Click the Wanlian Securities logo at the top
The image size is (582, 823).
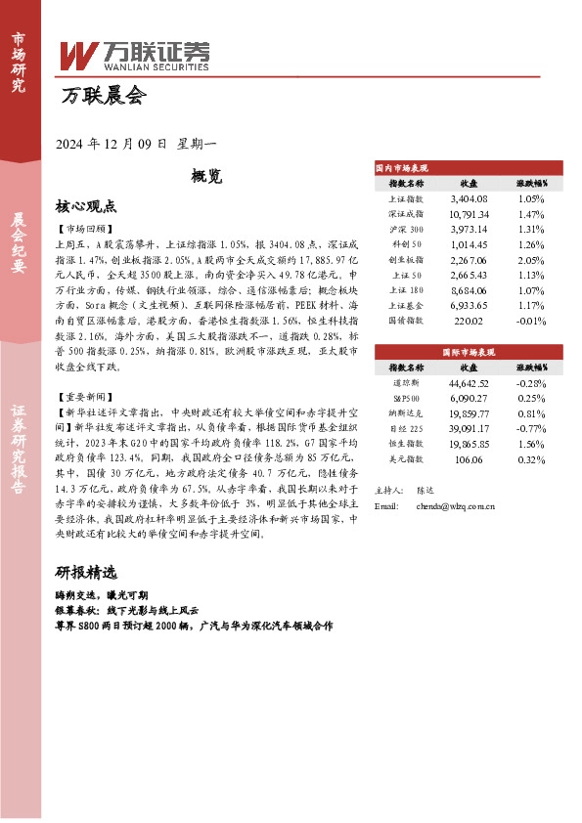[137, 56]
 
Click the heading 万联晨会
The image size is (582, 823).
[103, 96]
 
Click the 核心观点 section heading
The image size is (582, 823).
[86, 207]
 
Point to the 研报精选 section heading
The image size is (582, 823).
[86, 572]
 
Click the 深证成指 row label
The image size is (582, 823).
[406, 213]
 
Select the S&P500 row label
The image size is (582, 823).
[406, 399]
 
